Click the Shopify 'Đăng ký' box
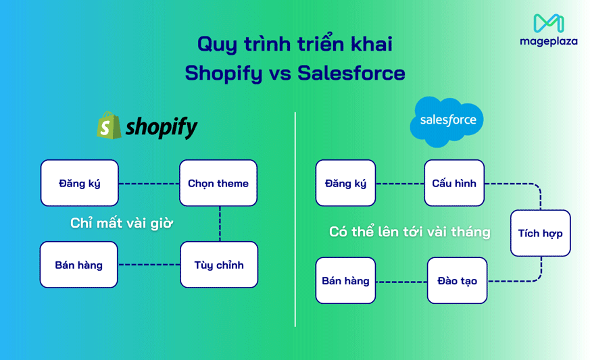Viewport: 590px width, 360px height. (79, 183)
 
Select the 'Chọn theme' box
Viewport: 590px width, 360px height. (218, 183)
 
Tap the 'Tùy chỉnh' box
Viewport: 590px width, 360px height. (218, 265)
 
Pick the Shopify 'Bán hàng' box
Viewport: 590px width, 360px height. (78, 265)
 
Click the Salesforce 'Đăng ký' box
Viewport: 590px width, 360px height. (345, 183)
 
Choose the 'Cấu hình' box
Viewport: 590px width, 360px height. (454, 183)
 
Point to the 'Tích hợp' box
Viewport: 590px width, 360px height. (540, 233)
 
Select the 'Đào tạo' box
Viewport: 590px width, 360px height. (457, 280)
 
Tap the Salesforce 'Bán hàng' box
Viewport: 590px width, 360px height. (345, 280)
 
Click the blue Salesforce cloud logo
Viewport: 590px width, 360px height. (447, 121)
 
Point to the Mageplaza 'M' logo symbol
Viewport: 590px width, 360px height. (548, 24)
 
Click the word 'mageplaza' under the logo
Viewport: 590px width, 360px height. (548, 41)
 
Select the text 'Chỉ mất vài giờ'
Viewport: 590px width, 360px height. (122, 224)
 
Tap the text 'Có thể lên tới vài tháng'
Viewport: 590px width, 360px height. (410, 232)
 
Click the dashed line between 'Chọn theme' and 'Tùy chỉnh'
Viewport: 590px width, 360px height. (220, 224)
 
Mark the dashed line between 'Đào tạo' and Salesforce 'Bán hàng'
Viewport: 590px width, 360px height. (401, 281)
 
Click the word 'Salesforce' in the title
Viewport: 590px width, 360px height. (351, 73)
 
